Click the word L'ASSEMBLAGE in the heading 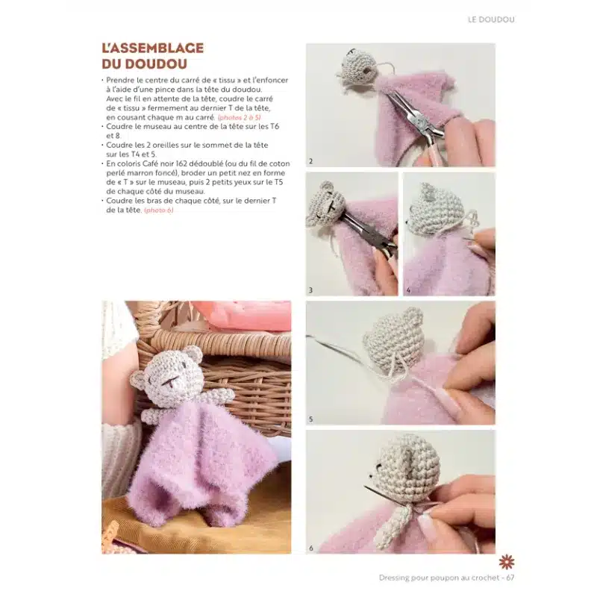(153, 48)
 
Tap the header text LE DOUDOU (491, 19)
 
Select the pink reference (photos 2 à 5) (239, 117)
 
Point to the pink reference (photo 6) (159, 210)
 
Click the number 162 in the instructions (176, 163)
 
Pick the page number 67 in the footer (510, 578)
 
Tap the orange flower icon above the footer (507, 562)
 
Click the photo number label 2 (310, 161)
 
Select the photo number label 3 (310, 290)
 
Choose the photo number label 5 (310, 419)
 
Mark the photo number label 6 (311, 548)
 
